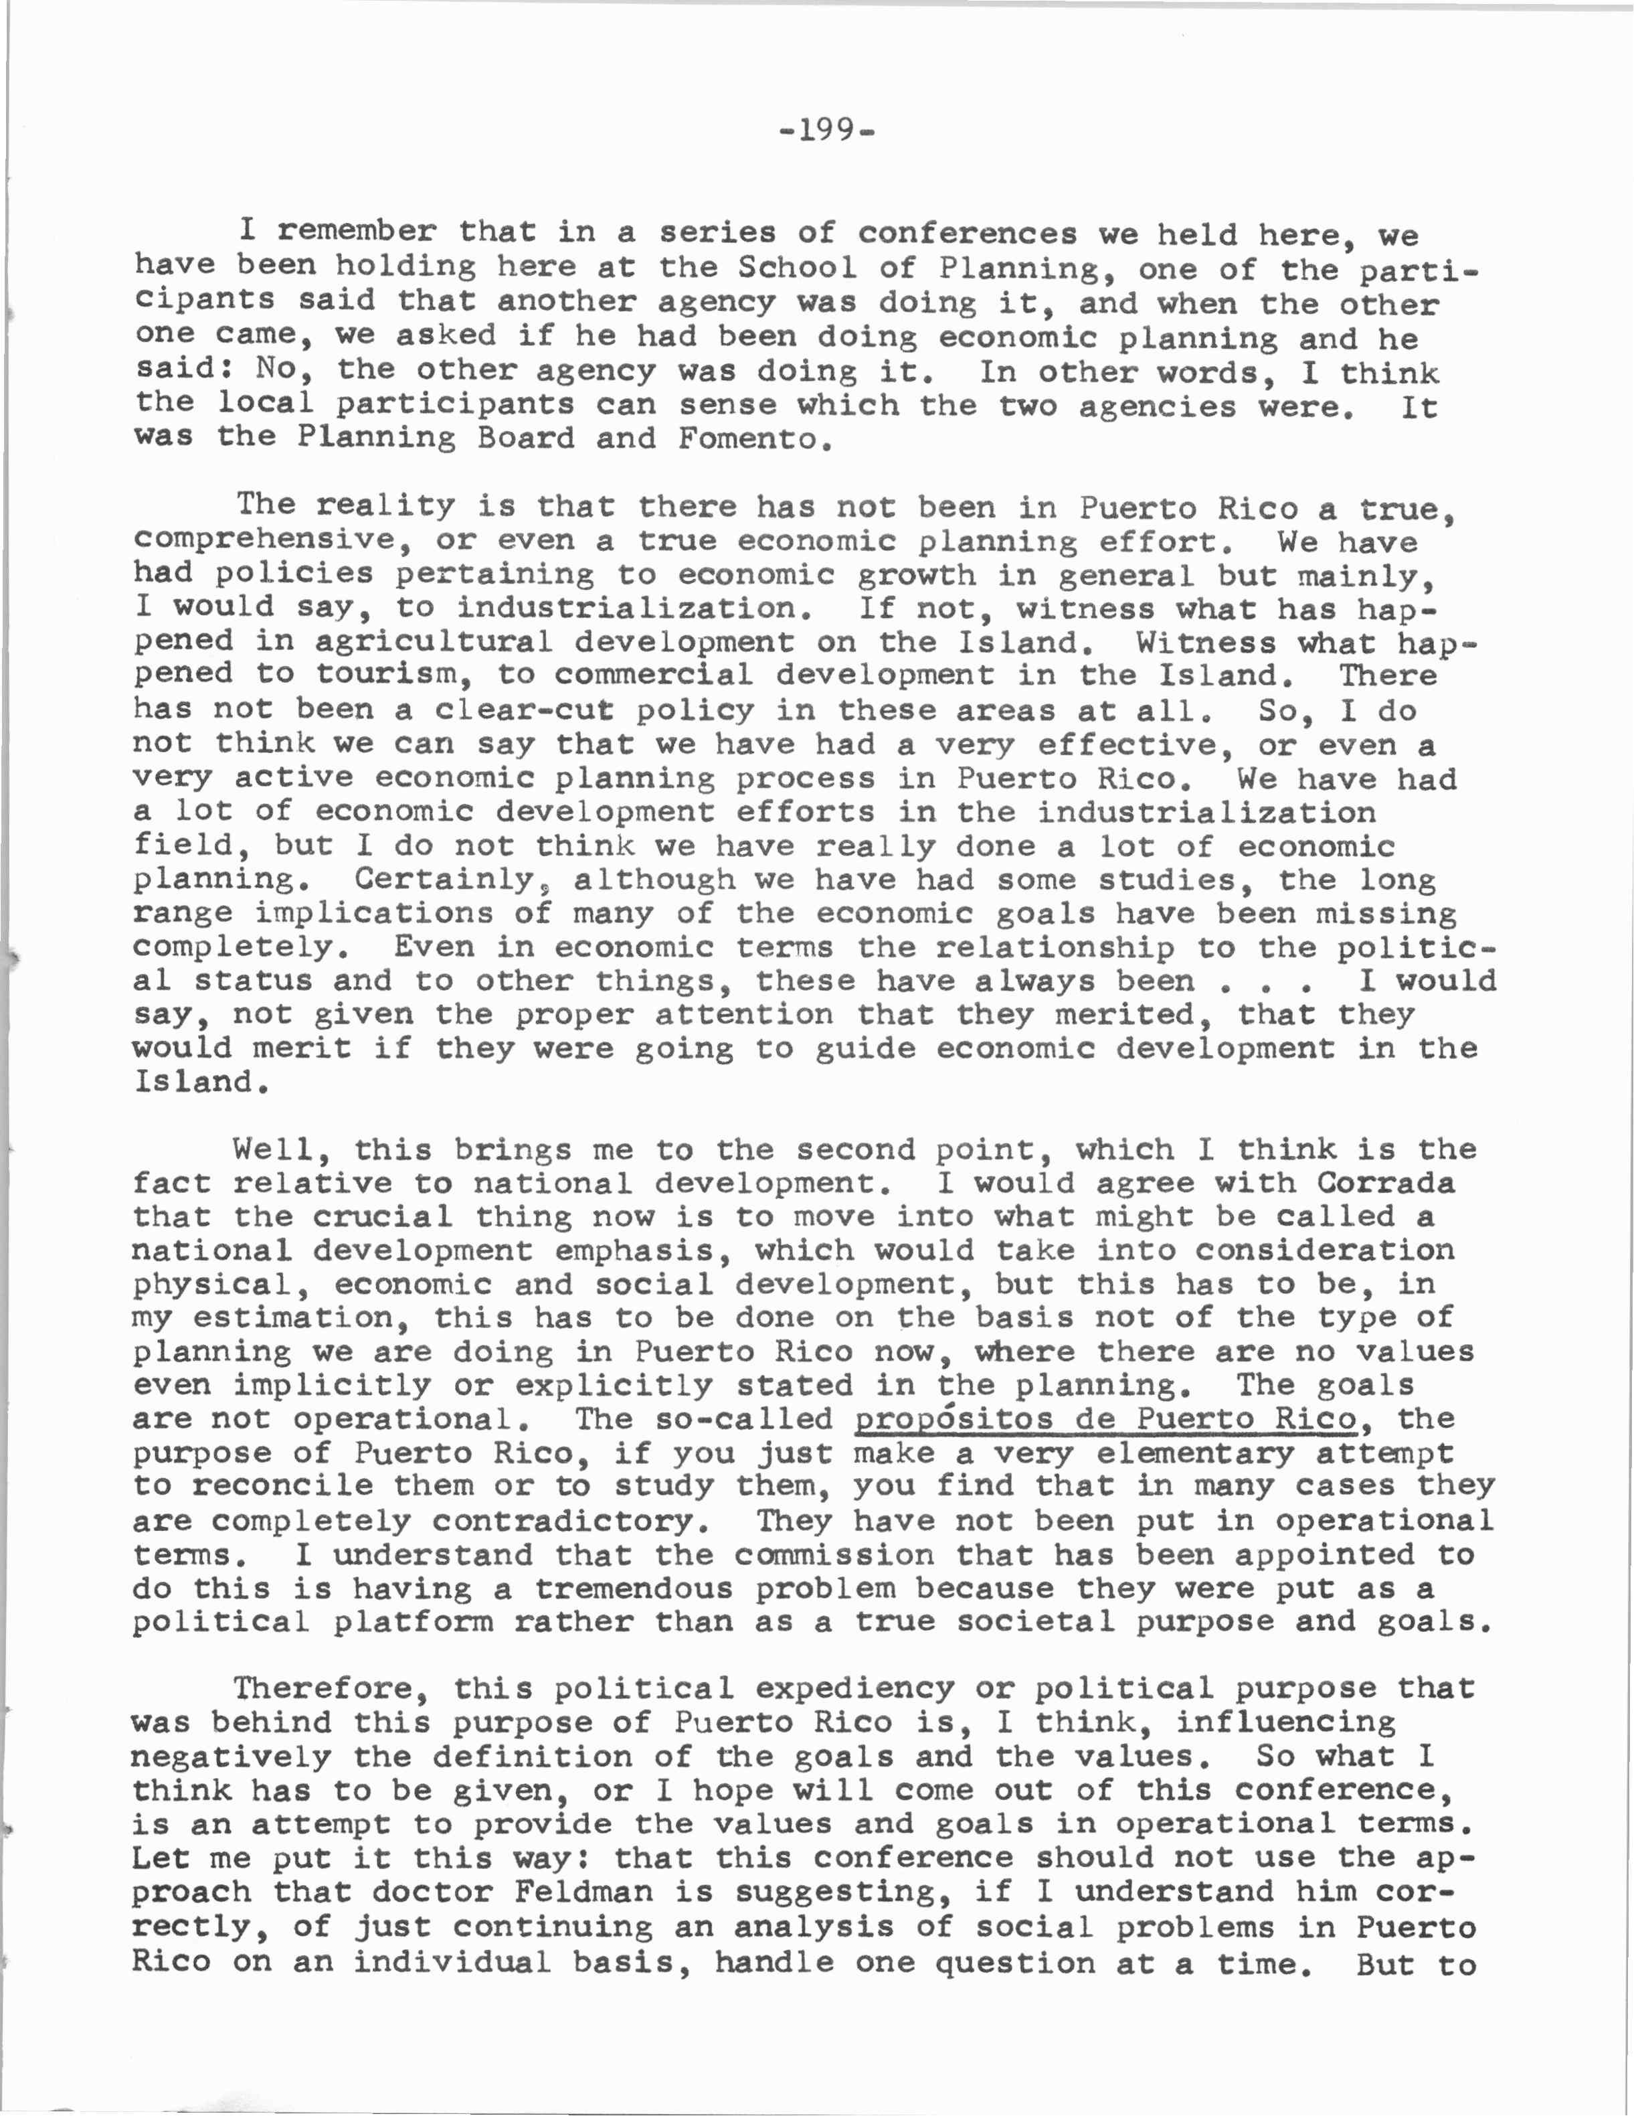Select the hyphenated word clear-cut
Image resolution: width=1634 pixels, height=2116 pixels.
coord(523,710)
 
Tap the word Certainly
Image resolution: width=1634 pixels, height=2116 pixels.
coord(444,880)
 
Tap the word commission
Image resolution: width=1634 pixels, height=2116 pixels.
coord(834,1554)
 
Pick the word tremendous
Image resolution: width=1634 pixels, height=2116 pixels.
coord(634,1588)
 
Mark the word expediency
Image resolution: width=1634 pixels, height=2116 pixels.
coord(854,1689)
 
